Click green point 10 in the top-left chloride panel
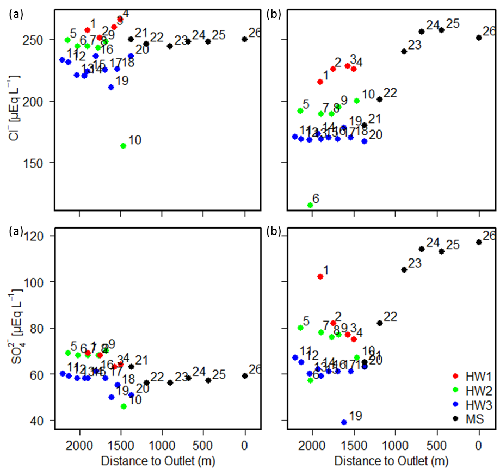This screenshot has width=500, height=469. (123, 145)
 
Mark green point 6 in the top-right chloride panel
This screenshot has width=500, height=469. (310, 205)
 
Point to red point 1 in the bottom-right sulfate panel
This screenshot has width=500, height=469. (320, 276)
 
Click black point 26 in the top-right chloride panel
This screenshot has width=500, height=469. (479, 38)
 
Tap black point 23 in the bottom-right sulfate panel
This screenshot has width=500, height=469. (404, 269)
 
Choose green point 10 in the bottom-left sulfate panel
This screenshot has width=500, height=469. (124, 406)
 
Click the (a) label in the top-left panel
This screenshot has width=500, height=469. (15, 15)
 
